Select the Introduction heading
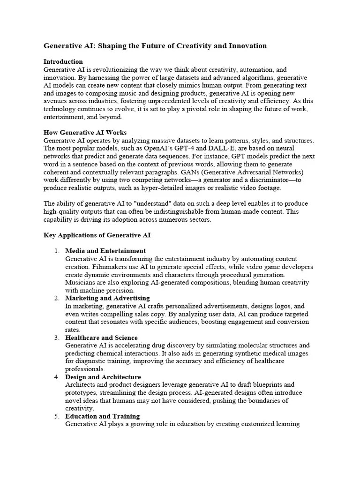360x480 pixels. (x=63, y=61)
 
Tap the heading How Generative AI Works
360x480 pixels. (x=85, y=133)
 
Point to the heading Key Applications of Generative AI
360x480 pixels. (x=97, y=235)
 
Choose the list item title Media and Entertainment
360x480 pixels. (x=105, y=251)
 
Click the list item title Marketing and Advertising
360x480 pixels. (x=107, y=298)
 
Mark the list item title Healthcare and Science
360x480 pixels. (x=101, y=337)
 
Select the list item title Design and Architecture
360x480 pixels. (x=103, y=377)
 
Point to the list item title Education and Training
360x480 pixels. (x=102, y=416)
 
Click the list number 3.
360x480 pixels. (x=56, y=337)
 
